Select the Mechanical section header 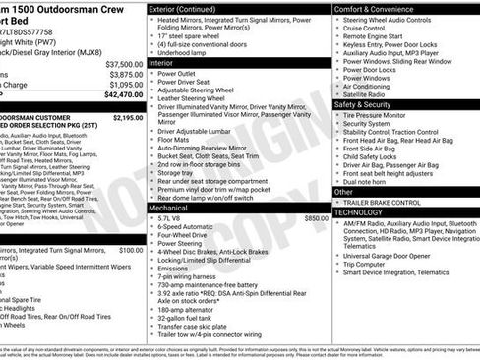click(169, 208)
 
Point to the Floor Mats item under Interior click(175, 140)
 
